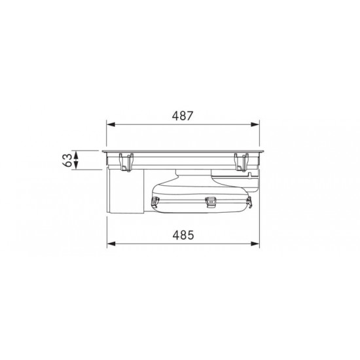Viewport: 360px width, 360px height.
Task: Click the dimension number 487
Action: [183, 116]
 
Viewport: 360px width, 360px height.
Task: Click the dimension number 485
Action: [183, 235]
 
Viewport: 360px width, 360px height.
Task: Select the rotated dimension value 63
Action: [67, 160]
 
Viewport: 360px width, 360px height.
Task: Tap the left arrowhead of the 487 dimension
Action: [111, 124]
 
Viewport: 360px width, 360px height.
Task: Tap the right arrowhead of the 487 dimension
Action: [255, 124]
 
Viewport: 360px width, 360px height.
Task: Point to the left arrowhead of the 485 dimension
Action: [111, 243]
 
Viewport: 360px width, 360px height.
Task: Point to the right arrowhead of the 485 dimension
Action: [255, 243]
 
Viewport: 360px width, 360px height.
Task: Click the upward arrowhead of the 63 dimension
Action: [76, 155]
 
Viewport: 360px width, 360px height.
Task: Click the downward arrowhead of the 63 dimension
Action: [76, 166]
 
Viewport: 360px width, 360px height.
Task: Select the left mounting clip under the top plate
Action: [126, 162]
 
